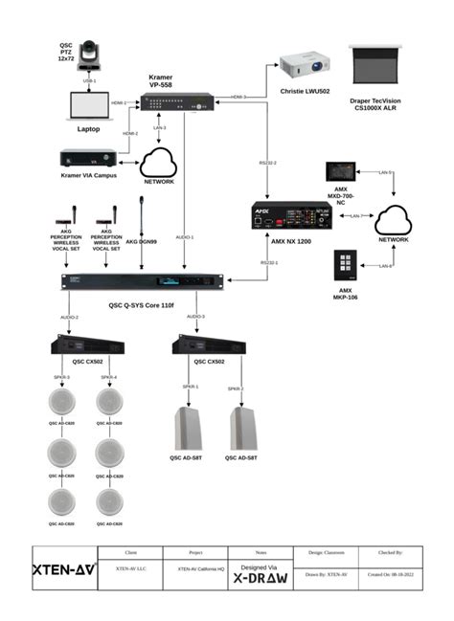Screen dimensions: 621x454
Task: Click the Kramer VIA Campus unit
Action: click(89, 156)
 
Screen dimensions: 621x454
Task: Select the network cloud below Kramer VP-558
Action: click(159, 160)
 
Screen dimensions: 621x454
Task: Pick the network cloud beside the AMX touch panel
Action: click(395, 221)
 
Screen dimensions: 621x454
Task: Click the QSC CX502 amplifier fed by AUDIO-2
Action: click(89, 345)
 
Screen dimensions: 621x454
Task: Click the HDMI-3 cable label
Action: click(238, 97)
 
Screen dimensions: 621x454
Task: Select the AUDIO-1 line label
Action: click(185, 237)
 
